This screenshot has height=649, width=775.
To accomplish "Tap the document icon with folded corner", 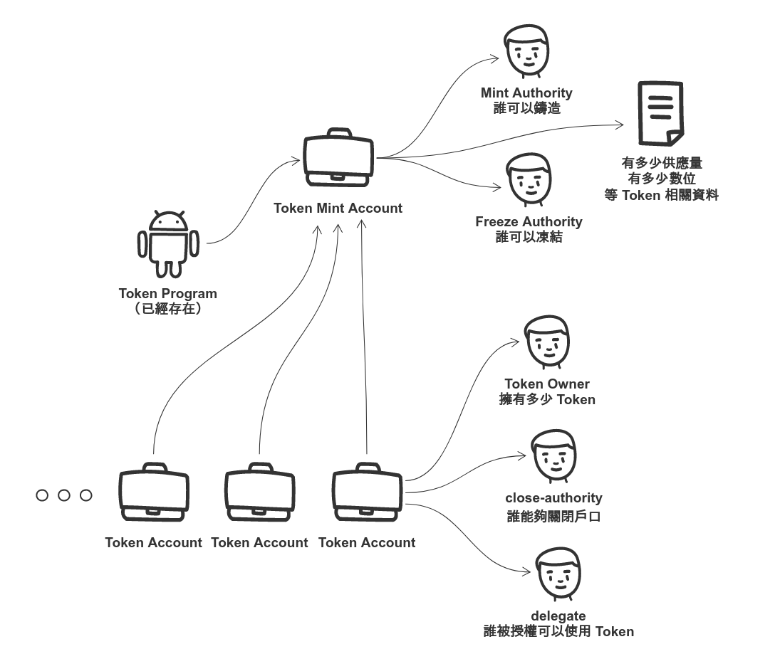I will pyautogui.click(x=660, y=112).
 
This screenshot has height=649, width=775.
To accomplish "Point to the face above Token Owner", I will pyautogui.click(x=547, y=342).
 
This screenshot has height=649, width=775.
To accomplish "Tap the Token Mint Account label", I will pyautogui.click(x=338, y=209).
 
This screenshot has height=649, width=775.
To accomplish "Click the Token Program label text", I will pyautogui.click(x=168, y=294).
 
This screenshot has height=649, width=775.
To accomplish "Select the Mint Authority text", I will pyautogui.click(x=526, y=93).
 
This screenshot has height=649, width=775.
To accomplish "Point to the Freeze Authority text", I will pyautogui.click(x=529, y=222).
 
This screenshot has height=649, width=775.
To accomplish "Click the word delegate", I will pyautogui.click(x=558, y=616).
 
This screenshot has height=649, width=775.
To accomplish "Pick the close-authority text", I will pyautogui.click(x=553, y=498).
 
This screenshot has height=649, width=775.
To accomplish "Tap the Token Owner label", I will pyautogui.click(x=547, y=384).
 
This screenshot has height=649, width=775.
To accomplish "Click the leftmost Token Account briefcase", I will pyautogui.click(x=154, y=494).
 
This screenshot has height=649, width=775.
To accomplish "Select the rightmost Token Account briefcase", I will pyautogui.click(x=367, y=494).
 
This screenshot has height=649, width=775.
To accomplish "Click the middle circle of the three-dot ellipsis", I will pyautogui.click(x=64, y=495).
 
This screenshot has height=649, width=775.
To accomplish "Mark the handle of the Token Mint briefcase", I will pyautogui.click(x=338, y=133).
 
